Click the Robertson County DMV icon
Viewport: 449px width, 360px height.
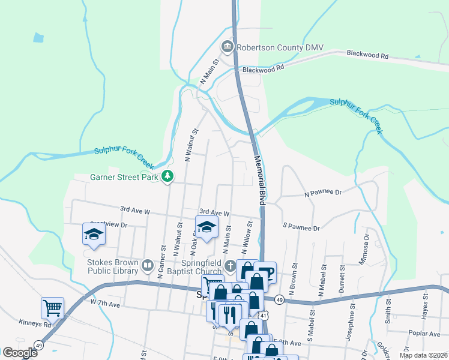227,46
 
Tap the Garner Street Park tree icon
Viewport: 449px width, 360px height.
169,176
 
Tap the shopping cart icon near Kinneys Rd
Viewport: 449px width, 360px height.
52,308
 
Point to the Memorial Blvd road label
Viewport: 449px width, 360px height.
260,181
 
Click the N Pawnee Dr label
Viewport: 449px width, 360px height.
322,193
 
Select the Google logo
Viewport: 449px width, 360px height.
20,353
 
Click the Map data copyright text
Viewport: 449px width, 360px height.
423,355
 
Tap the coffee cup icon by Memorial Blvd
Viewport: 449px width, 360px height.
265,271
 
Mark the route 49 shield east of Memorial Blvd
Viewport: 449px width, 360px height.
280,299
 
